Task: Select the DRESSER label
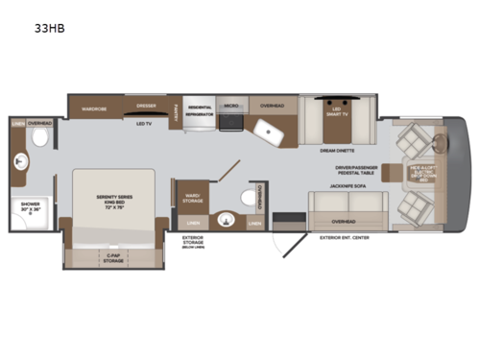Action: [146, 105]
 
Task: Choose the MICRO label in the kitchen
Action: [230, 104]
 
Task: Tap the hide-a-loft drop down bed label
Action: [423, 174]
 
